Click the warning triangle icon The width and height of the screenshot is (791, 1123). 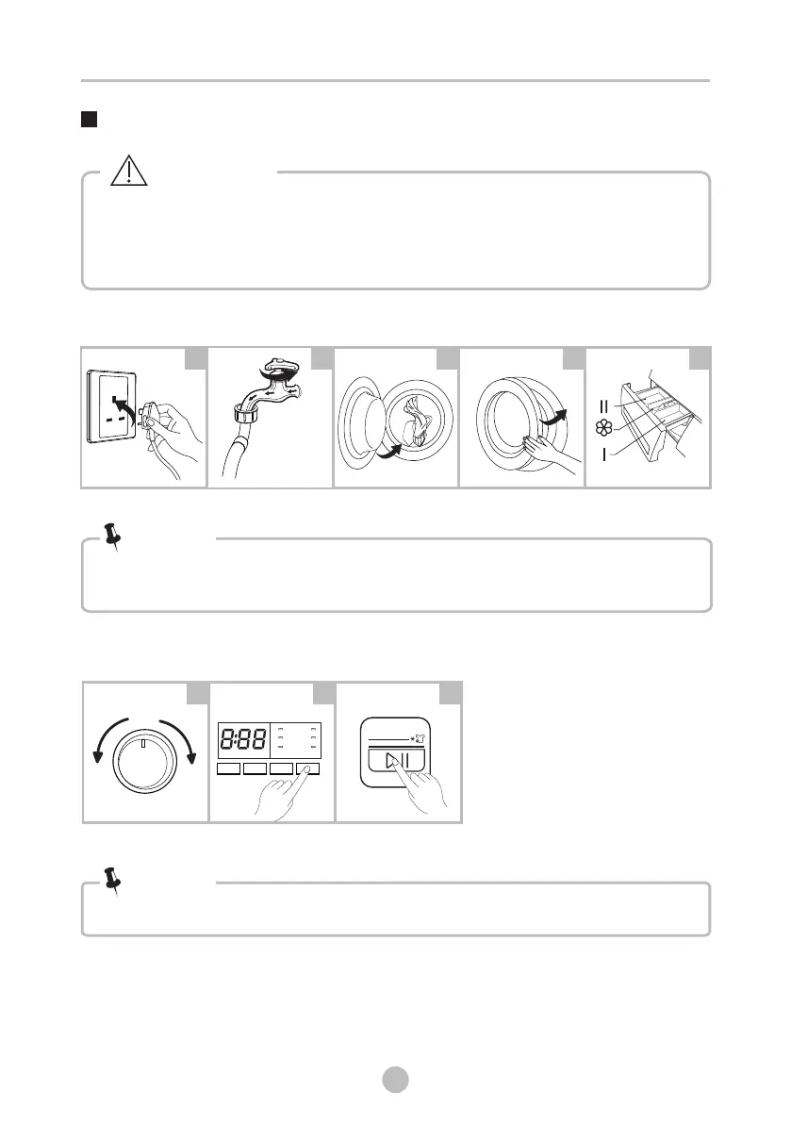(129, 172)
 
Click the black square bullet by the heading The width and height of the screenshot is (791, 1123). (89, 119)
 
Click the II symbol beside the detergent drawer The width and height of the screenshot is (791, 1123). (603, 406)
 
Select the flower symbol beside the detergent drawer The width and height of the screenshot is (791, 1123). (604, 428)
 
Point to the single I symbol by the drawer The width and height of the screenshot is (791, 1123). (604, 454)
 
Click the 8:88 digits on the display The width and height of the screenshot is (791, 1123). (242, 739)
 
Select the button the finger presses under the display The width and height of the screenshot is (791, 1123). (307, 768)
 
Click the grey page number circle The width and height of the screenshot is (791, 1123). (395, 1080)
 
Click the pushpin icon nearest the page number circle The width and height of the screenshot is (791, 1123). (112, 881)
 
